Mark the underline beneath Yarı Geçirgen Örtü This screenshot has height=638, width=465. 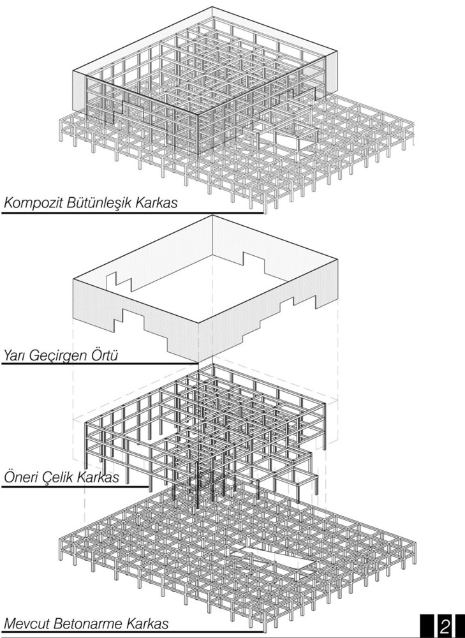tap(100, 364)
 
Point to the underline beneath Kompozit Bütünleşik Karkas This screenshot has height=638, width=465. tap(133, 212)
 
